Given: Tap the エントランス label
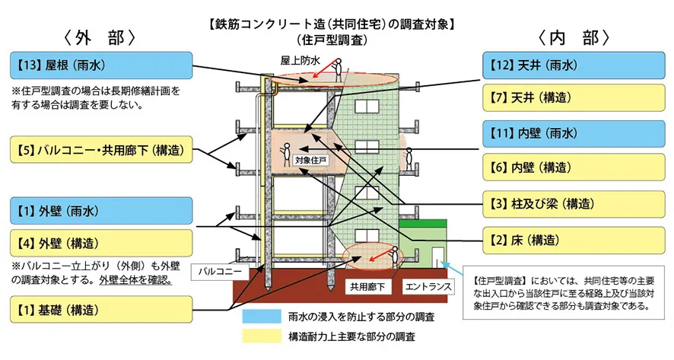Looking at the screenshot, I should point(427,288).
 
